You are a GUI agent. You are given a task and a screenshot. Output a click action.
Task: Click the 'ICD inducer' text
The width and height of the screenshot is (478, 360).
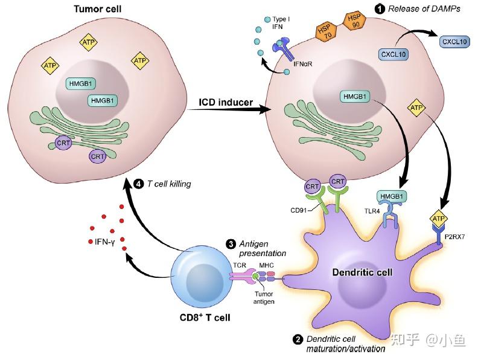226,102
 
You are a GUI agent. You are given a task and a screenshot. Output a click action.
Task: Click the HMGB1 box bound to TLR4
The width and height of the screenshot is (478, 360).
392,196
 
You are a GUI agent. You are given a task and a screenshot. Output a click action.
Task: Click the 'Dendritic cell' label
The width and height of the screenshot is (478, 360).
363,272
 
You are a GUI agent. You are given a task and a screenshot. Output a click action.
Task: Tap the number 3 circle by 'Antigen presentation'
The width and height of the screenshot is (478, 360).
231,243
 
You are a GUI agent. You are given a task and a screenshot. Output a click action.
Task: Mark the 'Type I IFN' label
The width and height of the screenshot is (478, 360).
279,23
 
